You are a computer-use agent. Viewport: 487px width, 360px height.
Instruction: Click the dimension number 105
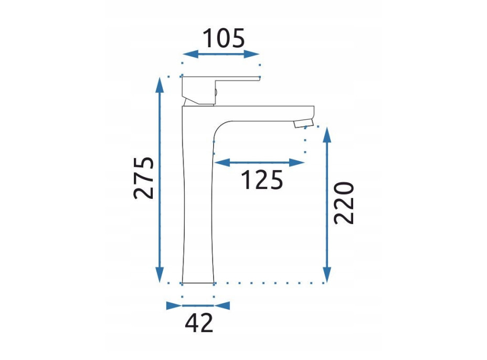pyautogui.click(x=224, y=38)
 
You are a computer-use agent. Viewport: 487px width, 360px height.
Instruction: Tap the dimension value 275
pyautogui.click(x=143, y=178)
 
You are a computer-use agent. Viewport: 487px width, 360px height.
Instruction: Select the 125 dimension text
pyautogui.click(x=262, y=180)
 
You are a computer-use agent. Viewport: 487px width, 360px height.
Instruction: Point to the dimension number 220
pyautogui.click(x=344, y=203)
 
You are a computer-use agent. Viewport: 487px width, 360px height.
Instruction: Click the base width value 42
pyautogui.click(x=199, y=323)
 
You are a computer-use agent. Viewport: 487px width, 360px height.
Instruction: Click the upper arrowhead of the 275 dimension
pyautogui.click(x=160, y=85)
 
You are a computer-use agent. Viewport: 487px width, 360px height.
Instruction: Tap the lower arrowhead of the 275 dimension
pyautogui.click(x=160, y=274)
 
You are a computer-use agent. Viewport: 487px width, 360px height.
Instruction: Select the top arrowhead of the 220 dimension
pyautogui.click(x=326, y=135)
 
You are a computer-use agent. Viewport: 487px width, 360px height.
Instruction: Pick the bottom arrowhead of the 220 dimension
pyautogui.click(x=326, y=274)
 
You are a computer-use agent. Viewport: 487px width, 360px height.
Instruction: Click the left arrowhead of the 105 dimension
pyautogui.click(x=190, y=54)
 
